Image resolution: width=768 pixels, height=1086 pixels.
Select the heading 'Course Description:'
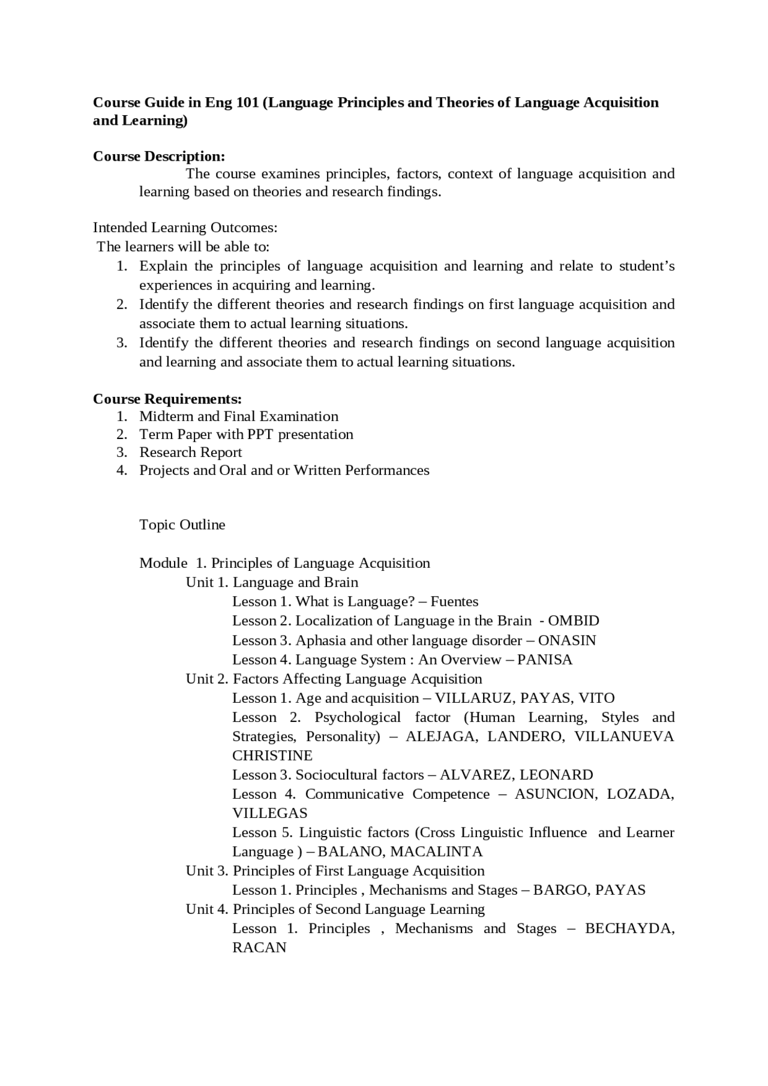click(159, 157)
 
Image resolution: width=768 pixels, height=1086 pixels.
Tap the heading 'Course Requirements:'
click(167, 399)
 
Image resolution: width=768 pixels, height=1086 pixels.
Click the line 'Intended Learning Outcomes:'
click(185, 228)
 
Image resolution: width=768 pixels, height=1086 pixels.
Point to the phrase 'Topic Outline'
click(182, 525)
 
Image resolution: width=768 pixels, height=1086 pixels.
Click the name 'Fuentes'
click(454, 601)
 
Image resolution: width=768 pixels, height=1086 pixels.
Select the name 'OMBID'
click(574, 621)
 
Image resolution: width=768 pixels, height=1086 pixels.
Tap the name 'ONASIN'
click(567, 640)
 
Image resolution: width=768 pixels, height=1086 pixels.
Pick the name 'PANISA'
click(544, 660)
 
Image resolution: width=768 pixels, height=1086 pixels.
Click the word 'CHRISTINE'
click(272, 756)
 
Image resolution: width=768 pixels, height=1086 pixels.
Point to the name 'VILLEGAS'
click(270, 813)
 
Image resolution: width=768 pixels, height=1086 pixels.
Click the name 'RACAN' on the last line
click(259, 947)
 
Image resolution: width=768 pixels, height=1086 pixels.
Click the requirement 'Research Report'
click(191, 452)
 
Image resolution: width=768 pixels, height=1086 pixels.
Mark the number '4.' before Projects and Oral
click(122, 470)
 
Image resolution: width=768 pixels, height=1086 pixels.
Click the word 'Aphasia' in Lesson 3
click(320, 640)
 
